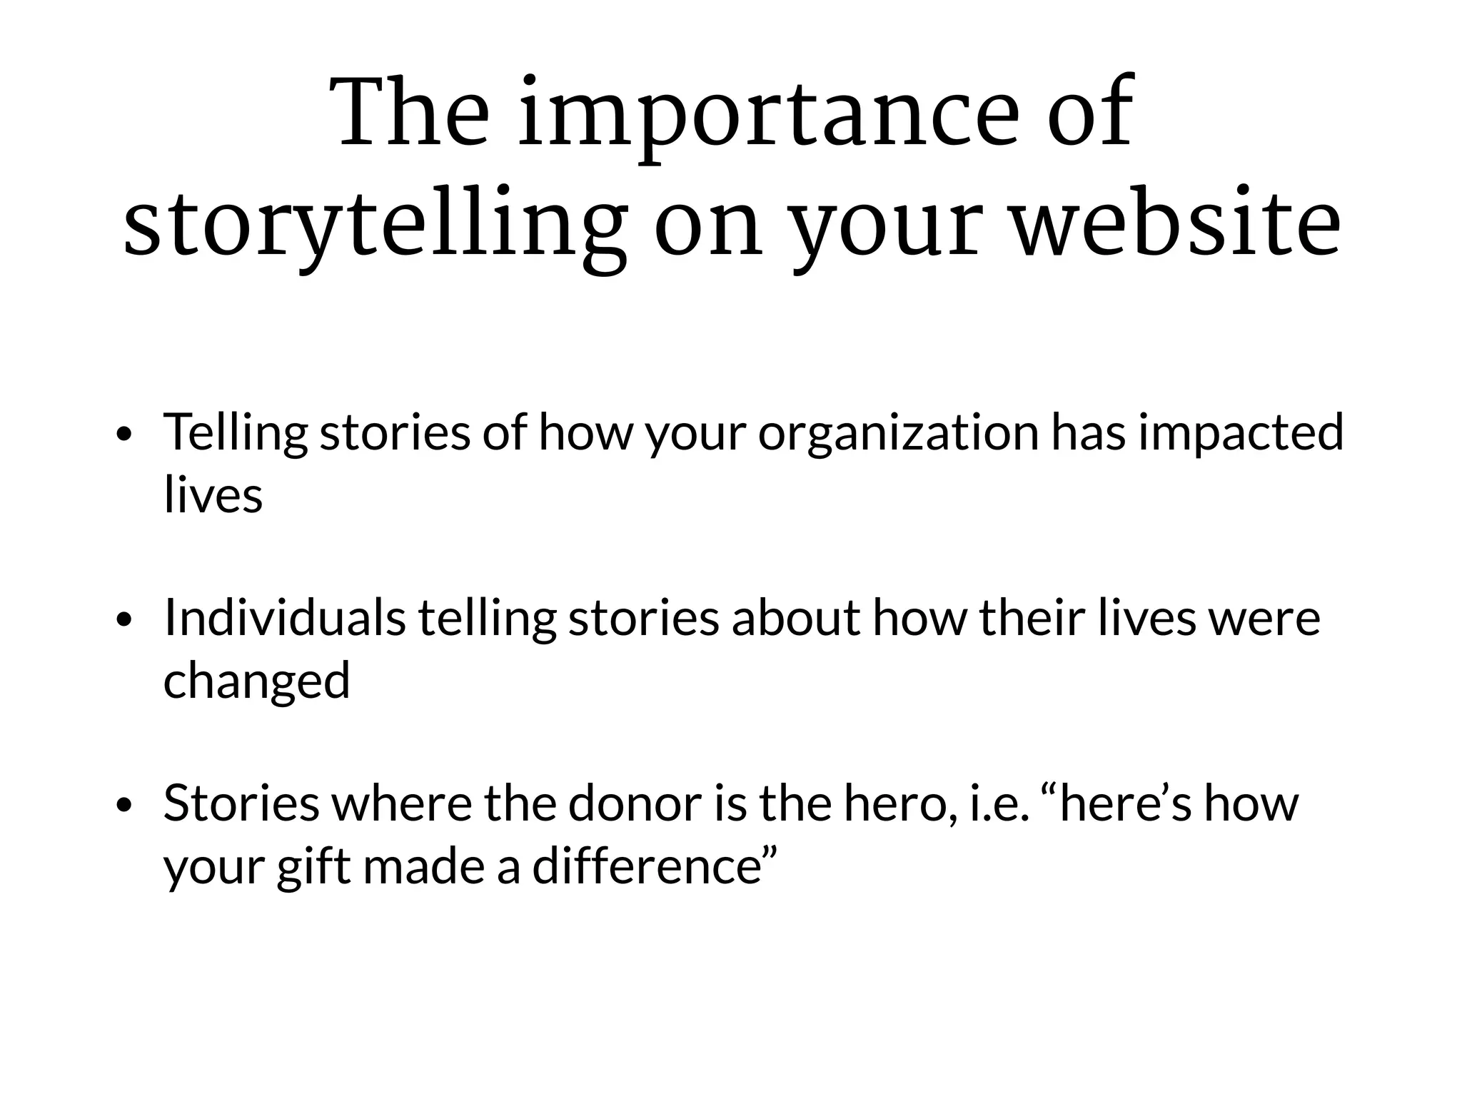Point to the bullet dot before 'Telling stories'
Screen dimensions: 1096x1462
(124, 435)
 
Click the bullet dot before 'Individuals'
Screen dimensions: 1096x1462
(124, 620)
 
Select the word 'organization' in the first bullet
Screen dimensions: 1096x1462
(898, 434)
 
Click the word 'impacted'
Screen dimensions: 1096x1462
(1241, 432)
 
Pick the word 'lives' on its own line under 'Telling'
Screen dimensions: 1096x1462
(213, 494)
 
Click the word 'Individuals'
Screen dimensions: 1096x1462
(284, 617)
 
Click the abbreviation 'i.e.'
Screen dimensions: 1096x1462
(999, 803)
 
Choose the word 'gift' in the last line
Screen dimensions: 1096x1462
(314, 867)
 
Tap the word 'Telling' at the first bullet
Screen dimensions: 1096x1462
(236, 434)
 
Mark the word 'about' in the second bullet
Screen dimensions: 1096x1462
(796, 617)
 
